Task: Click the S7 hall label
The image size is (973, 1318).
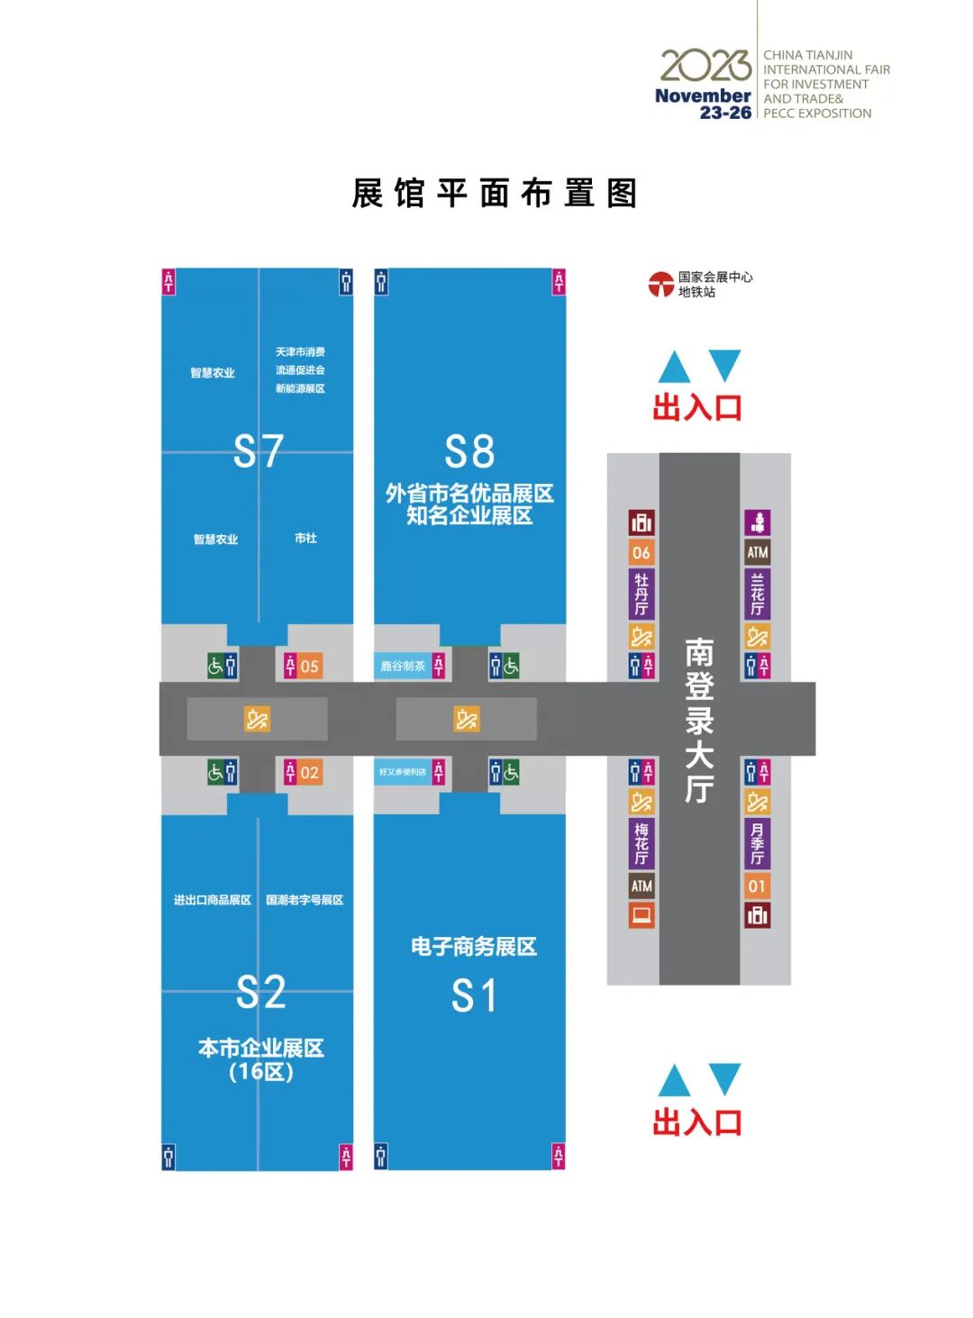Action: [x=259, y=450]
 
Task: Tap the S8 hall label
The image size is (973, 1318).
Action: [x=469, y=451]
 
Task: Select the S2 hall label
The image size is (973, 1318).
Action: [x=260, y=992]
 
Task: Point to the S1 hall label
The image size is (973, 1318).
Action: [x=474, y=996]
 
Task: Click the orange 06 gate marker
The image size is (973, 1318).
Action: [x=641, y=553]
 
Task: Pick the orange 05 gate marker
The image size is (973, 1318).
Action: [x=309, y=667]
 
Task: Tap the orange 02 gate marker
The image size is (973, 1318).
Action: [x=309, y=773]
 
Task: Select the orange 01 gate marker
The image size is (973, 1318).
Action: [x=757, y=886]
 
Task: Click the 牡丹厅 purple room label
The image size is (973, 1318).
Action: [x=641, y=594]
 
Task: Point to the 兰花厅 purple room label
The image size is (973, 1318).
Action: [x=757, y=594]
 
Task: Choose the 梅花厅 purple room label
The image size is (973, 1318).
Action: [x=641, y=843]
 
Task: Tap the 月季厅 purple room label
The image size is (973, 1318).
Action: [x=757, y=843]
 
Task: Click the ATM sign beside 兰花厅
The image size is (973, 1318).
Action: [x=757, y=553]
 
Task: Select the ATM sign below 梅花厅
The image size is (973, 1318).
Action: [x=641, y=886]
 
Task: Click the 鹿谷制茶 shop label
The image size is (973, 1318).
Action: [x=402, y=667]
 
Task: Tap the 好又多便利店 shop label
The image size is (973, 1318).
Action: [x=402, y=772]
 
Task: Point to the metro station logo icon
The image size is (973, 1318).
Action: [x=661, y=285]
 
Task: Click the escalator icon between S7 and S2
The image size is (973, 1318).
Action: [x=257, y=719]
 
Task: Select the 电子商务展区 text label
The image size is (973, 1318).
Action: [x=474, y=946]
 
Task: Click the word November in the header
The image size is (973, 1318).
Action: [x=703, y=95]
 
